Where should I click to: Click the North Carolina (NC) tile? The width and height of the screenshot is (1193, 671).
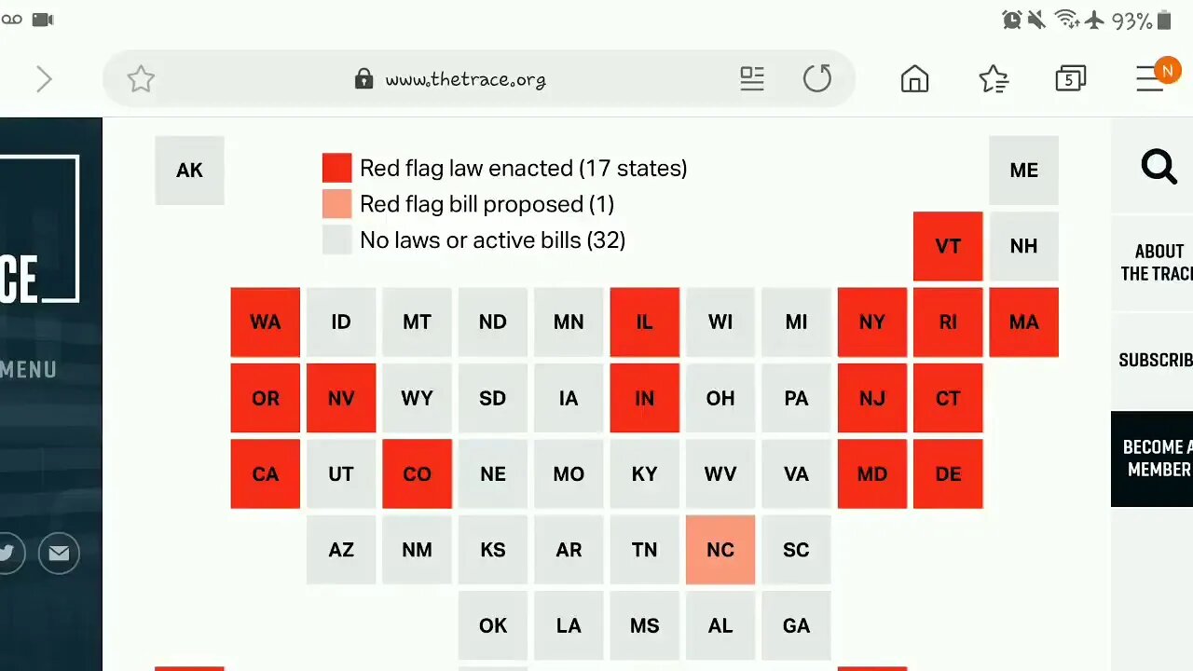pyautogui.click(x=720, y=550)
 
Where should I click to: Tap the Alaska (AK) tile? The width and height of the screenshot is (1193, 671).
pyautogui.click(x=189, y=171)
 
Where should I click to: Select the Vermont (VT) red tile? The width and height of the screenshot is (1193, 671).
pyautogui.click(x=947, y=246)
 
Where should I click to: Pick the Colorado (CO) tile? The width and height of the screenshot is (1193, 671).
pyautogui.click(x=417, y=473)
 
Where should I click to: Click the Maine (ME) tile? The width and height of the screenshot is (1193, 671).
pyautogui.click(x=1023, y=171)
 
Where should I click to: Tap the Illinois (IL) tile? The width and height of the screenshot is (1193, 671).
pyautogui.click(x=644, y=322)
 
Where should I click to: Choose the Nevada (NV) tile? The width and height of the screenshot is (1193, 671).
pyautogui.click(x=341, y=398)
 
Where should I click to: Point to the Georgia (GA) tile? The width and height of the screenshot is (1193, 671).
pyautogui.click(x=796, y=625)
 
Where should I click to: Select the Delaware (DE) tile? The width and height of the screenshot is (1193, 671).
pyautogui.click(x=947, y=473)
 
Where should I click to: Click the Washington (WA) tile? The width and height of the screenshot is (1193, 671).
pyautogui.click(x=266, y=322)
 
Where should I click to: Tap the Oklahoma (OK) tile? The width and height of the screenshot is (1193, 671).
pyautogui.click(x=493, y=625)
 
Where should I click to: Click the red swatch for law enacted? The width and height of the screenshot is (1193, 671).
pyautogui.click(x=336, y=169)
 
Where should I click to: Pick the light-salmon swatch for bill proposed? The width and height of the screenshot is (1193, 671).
pyautogui.click(x=336, y=204)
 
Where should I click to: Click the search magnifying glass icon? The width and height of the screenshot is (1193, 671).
pyautogui.click(x=1159, y=168)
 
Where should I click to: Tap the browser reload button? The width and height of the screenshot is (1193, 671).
pyautogui.click(x=817, y=79)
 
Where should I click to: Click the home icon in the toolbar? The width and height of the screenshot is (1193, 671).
pyautogui.click(x=914, y=79)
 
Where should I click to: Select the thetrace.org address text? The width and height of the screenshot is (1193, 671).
pyautogui.click(x=465, y=80)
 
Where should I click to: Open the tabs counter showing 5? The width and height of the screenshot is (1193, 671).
pyautogui.click(x=1070, y=79)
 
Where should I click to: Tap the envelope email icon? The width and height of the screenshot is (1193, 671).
pyautogui.click(x=59, y=554)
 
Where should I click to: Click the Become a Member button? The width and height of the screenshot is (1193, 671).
pyautogui.click(x=1156, y=459)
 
